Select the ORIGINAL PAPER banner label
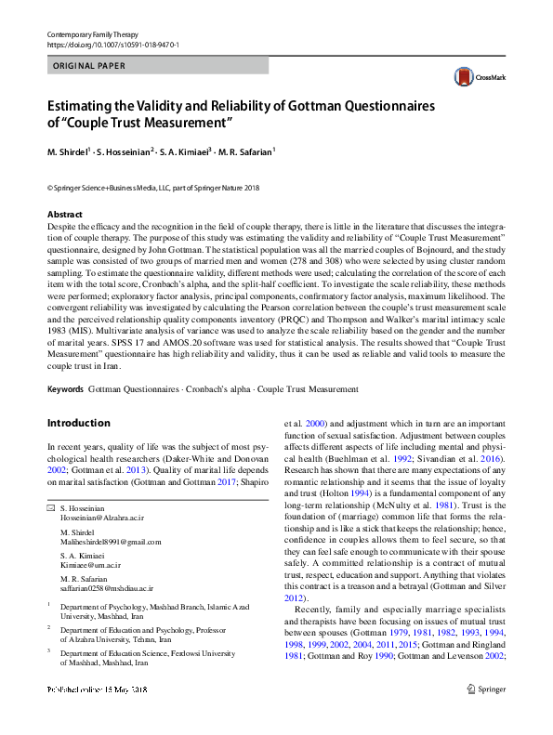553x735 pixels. pyautogui.click(x=89, y=66)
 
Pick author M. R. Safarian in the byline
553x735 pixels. pyautogui.click(x=246, y=151)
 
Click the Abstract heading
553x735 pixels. pyautogui.click(x=64, y=214)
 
